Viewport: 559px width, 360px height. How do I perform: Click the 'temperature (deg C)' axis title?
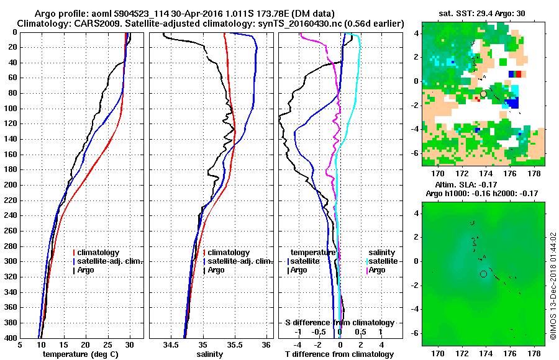80,354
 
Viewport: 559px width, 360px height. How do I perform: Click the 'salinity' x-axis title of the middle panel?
210,354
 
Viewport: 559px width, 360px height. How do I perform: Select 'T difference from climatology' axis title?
339,354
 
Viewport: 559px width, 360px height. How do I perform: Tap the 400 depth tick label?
11,338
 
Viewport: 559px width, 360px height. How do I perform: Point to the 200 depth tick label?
11,185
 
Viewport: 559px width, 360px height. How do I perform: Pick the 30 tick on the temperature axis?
129,344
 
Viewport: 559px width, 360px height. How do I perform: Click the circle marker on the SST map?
483,94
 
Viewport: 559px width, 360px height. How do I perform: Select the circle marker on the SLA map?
483,274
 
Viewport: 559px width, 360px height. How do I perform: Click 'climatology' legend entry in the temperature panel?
100,253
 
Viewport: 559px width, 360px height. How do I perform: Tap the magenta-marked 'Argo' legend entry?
377,270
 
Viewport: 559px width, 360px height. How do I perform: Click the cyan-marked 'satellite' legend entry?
383,261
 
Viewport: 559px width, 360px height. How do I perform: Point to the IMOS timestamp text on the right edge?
553,286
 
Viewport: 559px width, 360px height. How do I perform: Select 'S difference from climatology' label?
339,323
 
